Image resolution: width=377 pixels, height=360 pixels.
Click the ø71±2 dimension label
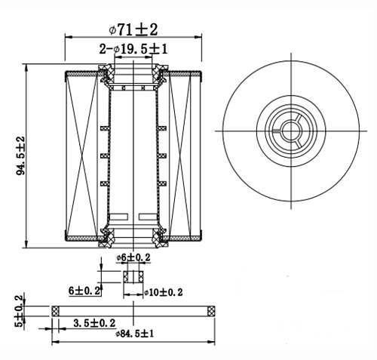(x=133, y=29)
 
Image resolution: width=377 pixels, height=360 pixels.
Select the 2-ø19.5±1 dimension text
(x=133, y=49)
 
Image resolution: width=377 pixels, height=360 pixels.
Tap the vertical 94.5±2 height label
(x=21, y=155)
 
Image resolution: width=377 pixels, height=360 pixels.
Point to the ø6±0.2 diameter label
(x=133, y=257)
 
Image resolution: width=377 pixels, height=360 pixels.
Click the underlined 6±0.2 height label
(x=84, y=291)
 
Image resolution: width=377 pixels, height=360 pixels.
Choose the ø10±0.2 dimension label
(x=163, y=292)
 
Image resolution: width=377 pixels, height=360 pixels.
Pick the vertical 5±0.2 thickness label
(x=20, y=311)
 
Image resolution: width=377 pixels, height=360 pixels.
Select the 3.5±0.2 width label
(x=94, y=323)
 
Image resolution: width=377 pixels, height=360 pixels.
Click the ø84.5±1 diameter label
(x=134, y=334)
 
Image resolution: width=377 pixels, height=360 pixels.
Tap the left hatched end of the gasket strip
(x=55, y=311)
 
